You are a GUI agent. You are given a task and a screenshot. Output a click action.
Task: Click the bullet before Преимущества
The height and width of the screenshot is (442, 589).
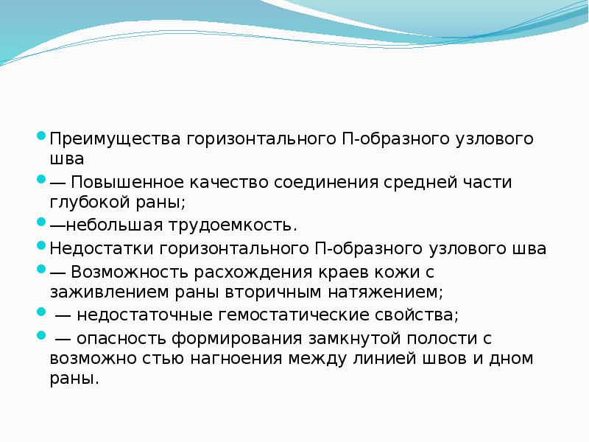point(42,136)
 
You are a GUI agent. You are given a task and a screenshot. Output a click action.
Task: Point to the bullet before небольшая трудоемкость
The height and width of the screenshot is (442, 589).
point(42,222)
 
